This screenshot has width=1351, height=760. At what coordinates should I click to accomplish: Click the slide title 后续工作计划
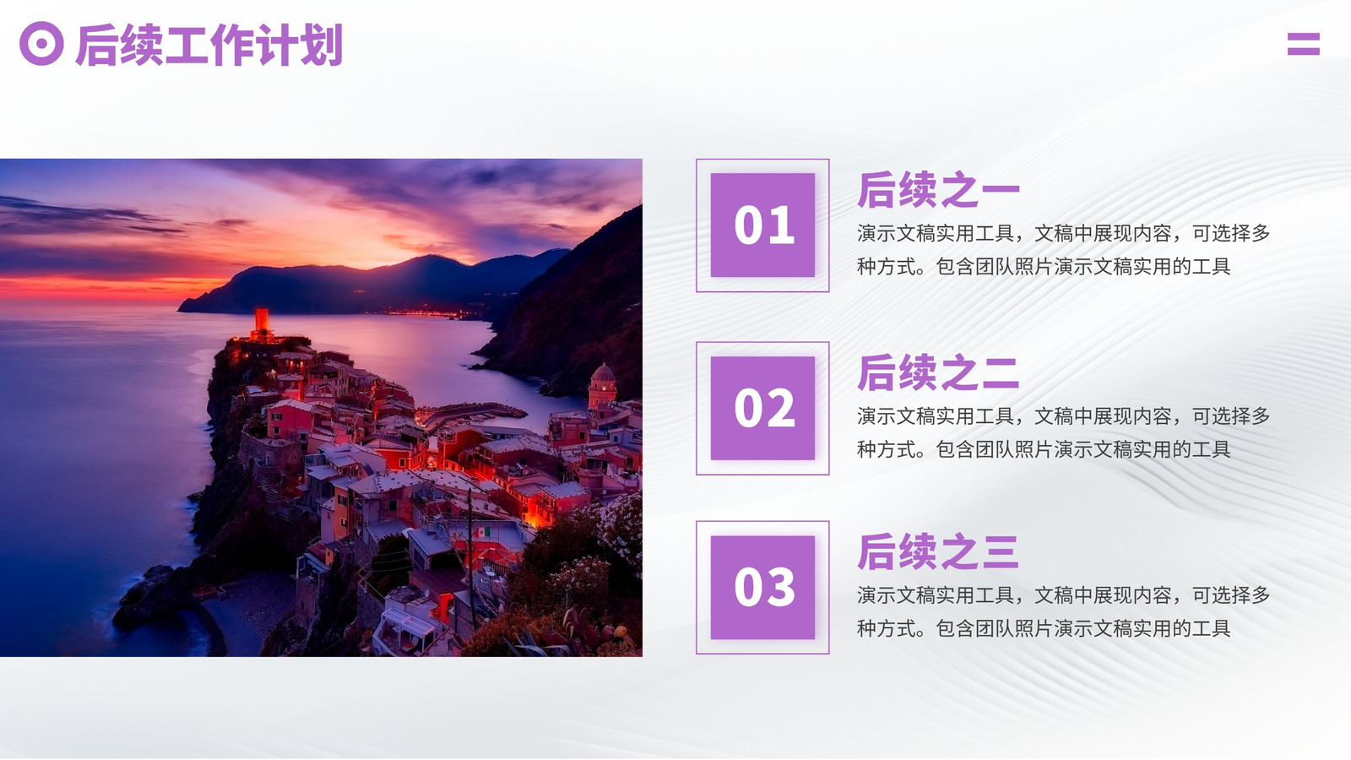click(209, 45)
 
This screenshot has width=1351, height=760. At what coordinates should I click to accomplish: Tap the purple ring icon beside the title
click(41, 43)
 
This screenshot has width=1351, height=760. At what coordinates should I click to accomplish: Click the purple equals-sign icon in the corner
click(1304, 44)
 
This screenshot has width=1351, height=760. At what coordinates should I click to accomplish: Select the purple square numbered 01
click(762, 225)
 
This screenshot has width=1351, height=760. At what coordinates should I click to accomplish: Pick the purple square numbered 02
click(762, 409)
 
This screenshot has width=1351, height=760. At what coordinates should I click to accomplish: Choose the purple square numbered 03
click(762, 588)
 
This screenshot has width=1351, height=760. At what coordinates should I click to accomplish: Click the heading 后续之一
click(938, 189)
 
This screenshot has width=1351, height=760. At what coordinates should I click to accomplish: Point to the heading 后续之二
click(938, 372)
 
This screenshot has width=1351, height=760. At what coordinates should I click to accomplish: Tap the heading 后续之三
click(938, 551)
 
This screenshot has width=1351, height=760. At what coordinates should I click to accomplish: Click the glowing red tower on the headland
click(262, 323)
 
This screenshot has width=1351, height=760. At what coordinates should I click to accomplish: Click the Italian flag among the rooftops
click(482, 533)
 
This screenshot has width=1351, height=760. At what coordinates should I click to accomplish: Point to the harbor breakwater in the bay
click(476, 412)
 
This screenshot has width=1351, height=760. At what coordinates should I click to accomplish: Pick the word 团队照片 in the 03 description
click(1014, 628)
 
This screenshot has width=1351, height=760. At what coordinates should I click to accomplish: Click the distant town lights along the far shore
click(422, 312)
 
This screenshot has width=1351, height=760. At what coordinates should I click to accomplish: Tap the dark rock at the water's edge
click(151, 594)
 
